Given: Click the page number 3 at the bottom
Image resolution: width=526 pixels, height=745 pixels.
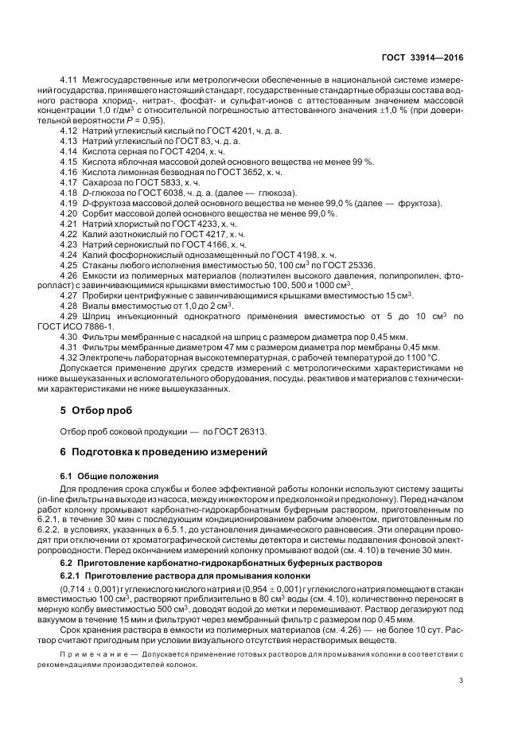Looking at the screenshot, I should (x=461, y=679).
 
